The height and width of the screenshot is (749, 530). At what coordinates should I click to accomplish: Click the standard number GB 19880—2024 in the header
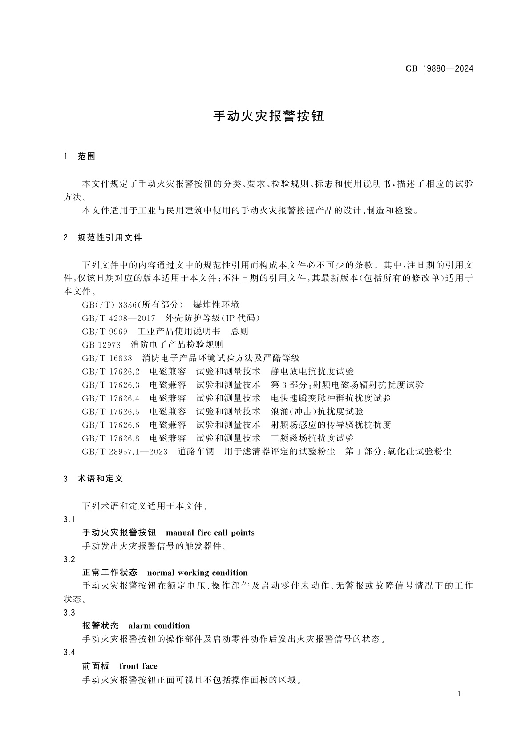pos(439,69)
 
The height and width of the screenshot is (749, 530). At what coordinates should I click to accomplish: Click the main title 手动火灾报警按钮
pos(269,116)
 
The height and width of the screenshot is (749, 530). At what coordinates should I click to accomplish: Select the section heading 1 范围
pos(80,156)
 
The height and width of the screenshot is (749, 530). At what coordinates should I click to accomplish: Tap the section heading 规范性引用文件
pos(110,238)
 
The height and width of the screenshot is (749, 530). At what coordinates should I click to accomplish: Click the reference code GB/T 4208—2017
pos(118,318)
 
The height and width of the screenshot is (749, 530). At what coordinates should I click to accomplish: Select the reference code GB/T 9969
pos(105,332)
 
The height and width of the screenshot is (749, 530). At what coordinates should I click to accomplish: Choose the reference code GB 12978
pos(101,345)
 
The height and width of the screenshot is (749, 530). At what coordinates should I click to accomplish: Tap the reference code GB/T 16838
pos(107,358)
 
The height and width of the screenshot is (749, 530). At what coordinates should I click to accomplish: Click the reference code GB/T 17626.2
pos(111,372)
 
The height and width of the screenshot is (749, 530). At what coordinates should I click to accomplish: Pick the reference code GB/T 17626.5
pos(111,412)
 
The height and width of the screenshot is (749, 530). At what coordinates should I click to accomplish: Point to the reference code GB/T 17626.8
pos(111,438)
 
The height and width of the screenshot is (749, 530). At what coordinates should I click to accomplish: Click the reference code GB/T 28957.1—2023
pos(125,452)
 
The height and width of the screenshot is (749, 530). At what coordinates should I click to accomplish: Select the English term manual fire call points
pos(210,533)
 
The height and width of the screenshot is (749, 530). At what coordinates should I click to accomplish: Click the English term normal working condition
pos(197,573)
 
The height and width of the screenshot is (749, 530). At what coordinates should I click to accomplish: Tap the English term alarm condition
pos(159,626)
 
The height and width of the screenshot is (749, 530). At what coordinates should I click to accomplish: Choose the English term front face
pos(138,666)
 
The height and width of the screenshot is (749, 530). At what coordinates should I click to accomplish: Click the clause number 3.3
pos(69,613)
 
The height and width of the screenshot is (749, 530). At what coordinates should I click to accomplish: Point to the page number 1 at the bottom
pos(459,694)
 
